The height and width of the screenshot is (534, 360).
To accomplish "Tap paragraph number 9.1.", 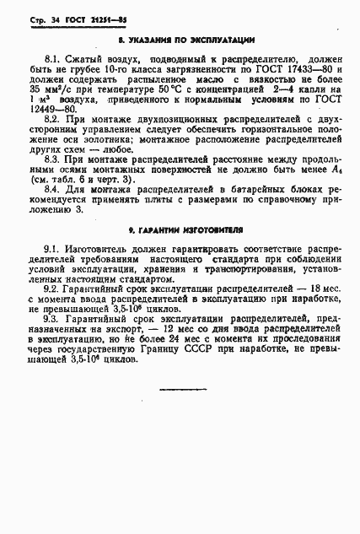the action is (x=50, y=251).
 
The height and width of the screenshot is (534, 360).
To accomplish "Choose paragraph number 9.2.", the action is (x=50, y=288).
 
